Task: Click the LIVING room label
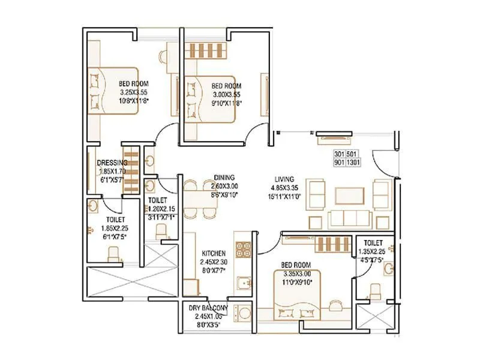click(x=284, y=179)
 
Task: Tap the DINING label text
click(x=224, y=178)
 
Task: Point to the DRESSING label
click(x=112, y=163)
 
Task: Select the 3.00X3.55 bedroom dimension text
click(x=226, y=95)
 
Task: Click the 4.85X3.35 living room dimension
click(x=284, y=187)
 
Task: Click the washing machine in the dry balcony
click(x=244, y=314)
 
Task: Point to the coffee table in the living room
click(x=349, y=196)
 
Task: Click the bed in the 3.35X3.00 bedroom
click(x=296, y=294)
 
